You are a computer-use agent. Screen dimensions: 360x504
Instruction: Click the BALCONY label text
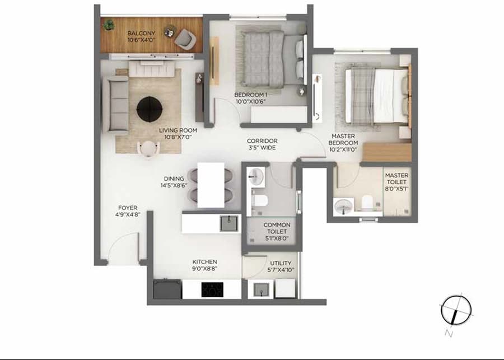pos(141,34)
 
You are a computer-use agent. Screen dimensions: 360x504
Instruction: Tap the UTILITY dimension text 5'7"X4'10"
pos(281,270)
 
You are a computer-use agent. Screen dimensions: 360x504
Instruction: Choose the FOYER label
pos(127,208)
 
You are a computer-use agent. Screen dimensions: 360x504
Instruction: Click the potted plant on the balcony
pos(109,25)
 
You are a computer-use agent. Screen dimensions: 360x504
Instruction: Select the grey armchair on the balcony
pos(184,38)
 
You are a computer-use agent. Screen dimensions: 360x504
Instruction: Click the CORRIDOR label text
pos(262,141)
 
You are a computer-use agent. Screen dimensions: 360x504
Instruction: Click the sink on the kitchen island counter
pos(228,223)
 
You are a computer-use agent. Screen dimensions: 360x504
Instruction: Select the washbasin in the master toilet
pos(343,207)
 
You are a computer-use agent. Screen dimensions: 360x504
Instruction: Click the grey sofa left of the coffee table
pos(115,105)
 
